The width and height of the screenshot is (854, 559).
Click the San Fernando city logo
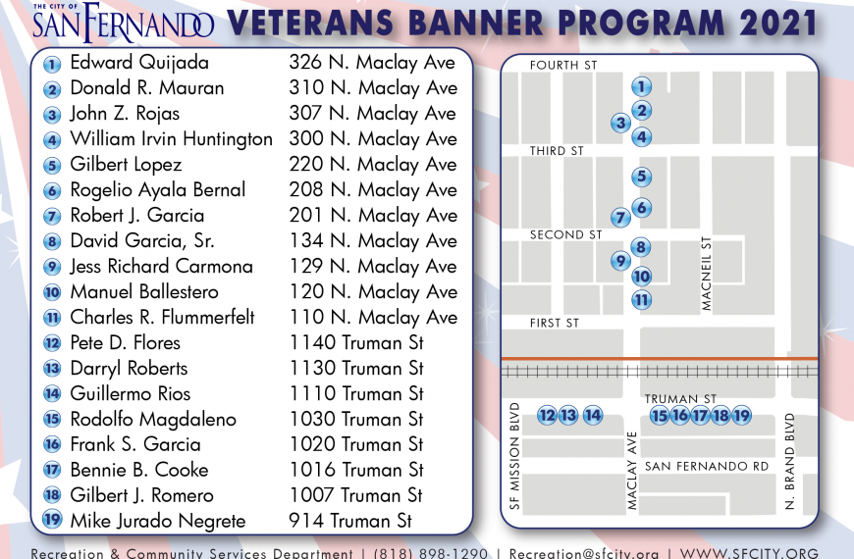(123, 23)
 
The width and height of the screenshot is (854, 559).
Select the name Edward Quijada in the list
(139, 63)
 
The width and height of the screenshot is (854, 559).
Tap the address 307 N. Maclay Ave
(373, 113)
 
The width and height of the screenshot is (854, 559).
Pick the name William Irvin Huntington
(171, 139)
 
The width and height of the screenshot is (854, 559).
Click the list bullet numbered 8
(52, 241)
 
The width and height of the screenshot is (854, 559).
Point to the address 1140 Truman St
(356, 343)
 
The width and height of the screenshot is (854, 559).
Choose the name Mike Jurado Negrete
(158, 521)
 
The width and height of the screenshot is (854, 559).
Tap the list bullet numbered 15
(52, 419)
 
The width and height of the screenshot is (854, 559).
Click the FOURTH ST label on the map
(563, 66)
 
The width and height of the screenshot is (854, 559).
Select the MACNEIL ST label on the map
(707, 274)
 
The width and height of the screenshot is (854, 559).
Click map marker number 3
(620, 123)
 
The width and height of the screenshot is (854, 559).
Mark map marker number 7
(620, 218)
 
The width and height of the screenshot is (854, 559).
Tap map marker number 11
(642, 300)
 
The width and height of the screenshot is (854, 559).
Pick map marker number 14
(593, 416)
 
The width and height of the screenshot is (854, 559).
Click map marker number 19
(741, 416)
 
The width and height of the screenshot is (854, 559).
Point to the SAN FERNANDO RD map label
(707, 467)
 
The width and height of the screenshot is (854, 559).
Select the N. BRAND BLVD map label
(790, 462)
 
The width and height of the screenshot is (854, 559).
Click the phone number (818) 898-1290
(430, 553)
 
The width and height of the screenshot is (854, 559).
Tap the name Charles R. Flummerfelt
(162, 318)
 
